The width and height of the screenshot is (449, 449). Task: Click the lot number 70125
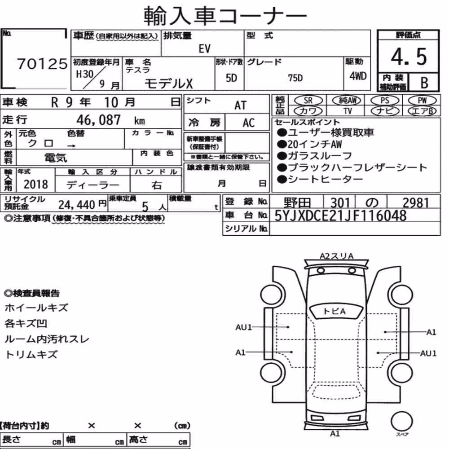pyautogui.click(x=42, y=64)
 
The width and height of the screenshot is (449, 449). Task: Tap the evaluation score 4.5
pyautogui.click(x=409, y=57)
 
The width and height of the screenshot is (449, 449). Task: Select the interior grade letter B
pyautogui.click(x=424, y=83)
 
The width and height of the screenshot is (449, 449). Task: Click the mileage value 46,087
pyautogui.click(x=98, y=120)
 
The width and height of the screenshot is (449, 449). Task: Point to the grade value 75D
pyautogui.click(x=295, y=78)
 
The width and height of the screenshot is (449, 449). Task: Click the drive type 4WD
pyautogui.click(x=358, y=76)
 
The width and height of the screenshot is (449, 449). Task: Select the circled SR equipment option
pyautogui.click(x=308, y=101)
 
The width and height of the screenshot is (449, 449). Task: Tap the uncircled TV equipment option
pyautogui.click(x=348, y=111)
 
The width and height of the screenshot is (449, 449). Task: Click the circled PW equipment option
pyautogui.click(x=423, y=101)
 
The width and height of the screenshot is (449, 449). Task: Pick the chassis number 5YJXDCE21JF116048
pyautogui.click(x=340, y=216)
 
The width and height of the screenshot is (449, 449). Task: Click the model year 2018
pyautogui.click(x=36, y=184)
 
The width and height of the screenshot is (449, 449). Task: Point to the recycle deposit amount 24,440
pyautogui.click(x=77, y=205)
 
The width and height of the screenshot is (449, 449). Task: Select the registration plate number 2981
pyautogui.click(x=416, y=202)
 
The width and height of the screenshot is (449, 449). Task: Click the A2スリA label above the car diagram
pyautogui.click(x=337, y=256)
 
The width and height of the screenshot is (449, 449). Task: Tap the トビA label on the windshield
pyautogui.click(x=335, y=311)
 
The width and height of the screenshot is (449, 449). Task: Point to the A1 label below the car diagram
pyautogui.click(x=335, y=434)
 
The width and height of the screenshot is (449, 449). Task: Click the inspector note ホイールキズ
pyautogui.click(x=36, y=308)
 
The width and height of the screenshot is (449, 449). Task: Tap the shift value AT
pyautogui.click(x=240, y=106)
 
